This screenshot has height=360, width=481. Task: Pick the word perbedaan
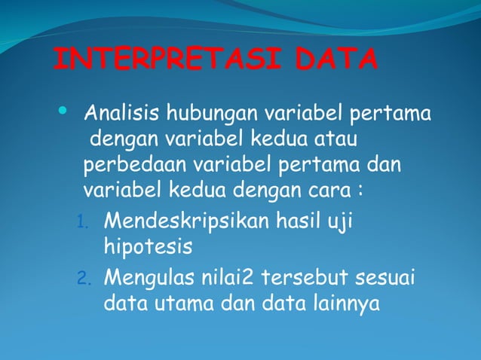(138, 164)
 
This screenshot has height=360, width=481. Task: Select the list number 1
(84, 224)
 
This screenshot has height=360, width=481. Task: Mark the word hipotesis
(148, 247)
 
